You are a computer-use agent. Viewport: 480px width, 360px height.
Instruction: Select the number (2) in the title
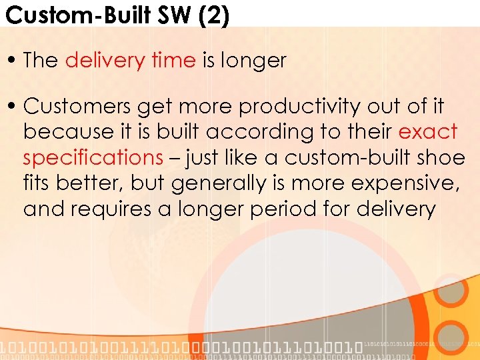tap(213, 14)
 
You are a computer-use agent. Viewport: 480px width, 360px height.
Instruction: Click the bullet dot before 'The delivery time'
tap(13, 61)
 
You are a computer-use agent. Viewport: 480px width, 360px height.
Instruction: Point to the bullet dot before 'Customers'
tap(13, 107)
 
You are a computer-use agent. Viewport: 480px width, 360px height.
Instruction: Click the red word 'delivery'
tap(104, 60)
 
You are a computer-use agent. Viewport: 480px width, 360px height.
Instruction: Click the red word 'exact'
tap(428, 132)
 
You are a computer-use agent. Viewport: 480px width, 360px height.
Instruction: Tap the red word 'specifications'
tap(93, 158)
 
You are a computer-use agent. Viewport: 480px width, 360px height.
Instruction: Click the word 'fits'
tap(39, 183)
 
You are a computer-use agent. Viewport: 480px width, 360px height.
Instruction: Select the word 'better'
tap(93, 183)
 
